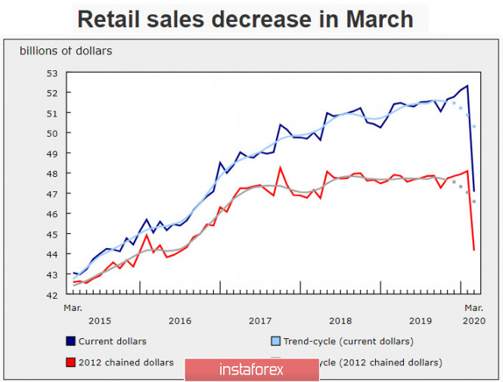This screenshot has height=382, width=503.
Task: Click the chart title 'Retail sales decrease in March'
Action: [246, 19]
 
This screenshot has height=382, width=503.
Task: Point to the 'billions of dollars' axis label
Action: [66, 51]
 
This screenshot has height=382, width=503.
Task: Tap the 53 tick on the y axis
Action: [52, 73]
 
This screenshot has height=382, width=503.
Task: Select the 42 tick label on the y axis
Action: [52, 295]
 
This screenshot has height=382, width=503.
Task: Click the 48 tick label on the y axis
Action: [52, 174]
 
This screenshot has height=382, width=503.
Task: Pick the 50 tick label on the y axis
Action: [52, 133]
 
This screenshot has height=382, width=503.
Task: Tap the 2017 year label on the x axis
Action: [259, 320]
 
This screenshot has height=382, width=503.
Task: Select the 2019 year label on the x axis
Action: [420, 320]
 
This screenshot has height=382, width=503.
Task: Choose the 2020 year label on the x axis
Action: [473, 320]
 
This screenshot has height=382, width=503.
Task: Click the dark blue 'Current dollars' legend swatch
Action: [70, 341]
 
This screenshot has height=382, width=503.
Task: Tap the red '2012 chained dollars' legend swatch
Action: [70, 362]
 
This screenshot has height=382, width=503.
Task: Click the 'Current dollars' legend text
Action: [113, 341]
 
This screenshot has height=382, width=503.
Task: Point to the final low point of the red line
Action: [474, 250]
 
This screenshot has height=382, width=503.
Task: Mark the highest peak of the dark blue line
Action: [467, 85]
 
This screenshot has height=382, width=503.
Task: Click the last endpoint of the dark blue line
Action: [474, 191]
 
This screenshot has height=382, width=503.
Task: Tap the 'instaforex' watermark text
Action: [250, 370]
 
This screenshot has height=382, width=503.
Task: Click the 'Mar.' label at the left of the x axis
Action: [73, 307]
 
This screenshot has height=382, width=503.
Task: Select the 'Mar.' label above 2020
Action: [473, 307]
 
